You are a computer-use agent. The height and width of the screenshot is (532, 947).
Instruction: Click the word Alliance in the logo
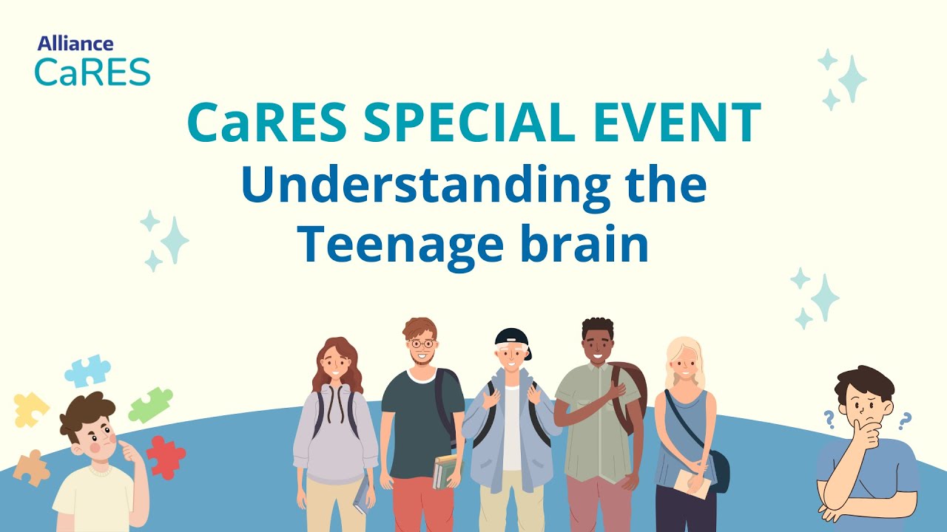75,44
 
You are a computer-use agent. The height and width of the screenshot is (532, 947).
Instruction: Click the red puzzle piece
165,457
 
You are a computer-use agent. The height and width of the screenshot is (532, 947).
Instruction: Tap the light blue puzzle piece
87,371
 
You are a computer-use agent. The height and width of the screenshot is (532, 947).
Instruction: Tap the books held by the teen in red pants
445,471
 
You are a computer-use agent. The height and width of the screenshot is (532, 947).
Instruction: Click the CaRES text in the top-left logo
92,71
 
